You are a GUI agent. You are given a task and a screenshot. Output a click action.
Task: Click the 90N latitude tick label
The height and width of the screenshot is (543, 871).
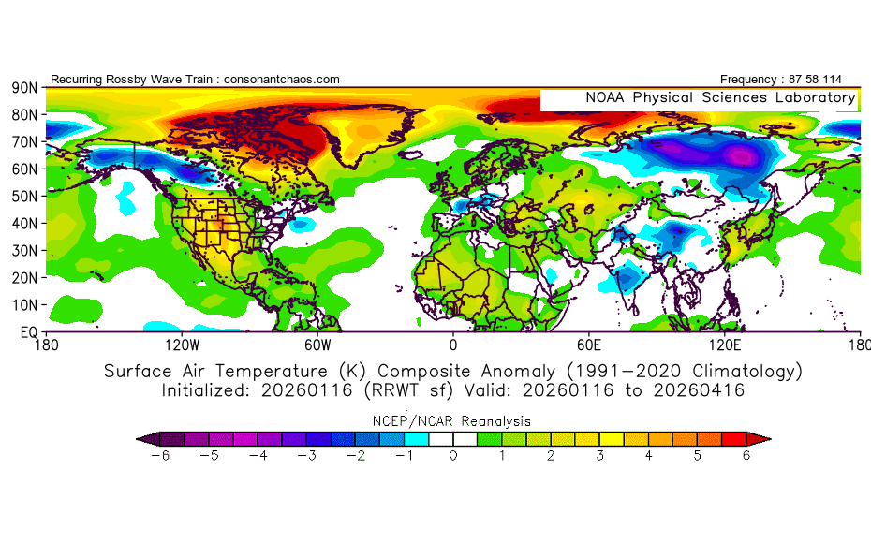point(23,88)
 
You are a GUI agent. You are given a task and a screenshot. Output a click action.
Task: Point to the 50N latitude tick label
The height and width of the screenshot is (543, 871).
point(23,197)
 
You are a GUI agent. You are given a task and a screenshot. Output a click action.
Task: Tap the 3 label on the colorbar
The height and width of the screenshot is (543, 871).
point(600,456)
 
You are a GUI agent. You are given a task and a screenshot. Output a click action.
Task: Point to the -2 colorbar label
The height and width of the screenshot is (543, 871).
point(356,456)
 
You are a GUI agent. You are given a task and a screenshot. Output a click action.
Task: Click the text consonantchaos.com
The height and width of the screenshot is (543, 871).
point(282,80)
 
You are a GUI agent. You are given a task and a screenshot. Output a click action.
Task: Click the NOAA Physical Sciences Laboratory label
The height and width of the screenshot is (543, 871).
point(719,97)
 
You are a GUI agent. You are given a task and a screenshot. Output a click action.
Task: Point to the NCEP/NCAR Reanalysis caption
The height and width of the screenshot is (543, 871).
point(452,420)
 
